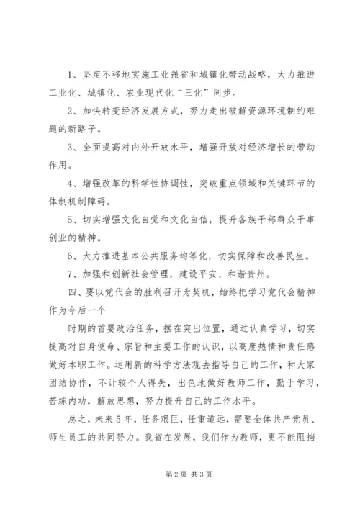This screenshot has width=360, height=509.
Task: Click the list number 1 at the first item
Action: pyautogui.click(x=70, y=74)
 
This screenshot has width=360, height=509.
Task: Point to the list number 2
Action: pyautogui.click(x=70, y=112)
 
